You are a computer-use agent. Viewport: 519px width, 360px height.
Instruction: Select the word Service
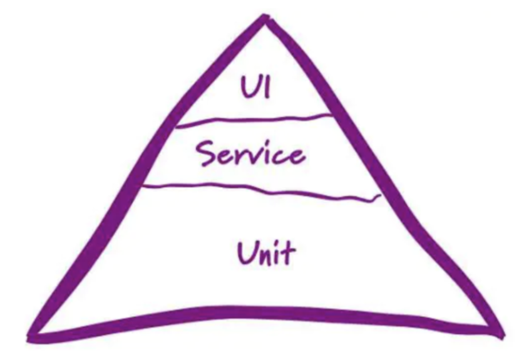pos(250,153)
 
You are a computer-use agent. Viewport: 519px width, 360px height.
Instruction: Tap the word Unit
pos(265,253)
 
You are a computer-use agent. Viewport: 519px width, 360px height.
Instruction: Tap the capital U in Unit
pos(246,253)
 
